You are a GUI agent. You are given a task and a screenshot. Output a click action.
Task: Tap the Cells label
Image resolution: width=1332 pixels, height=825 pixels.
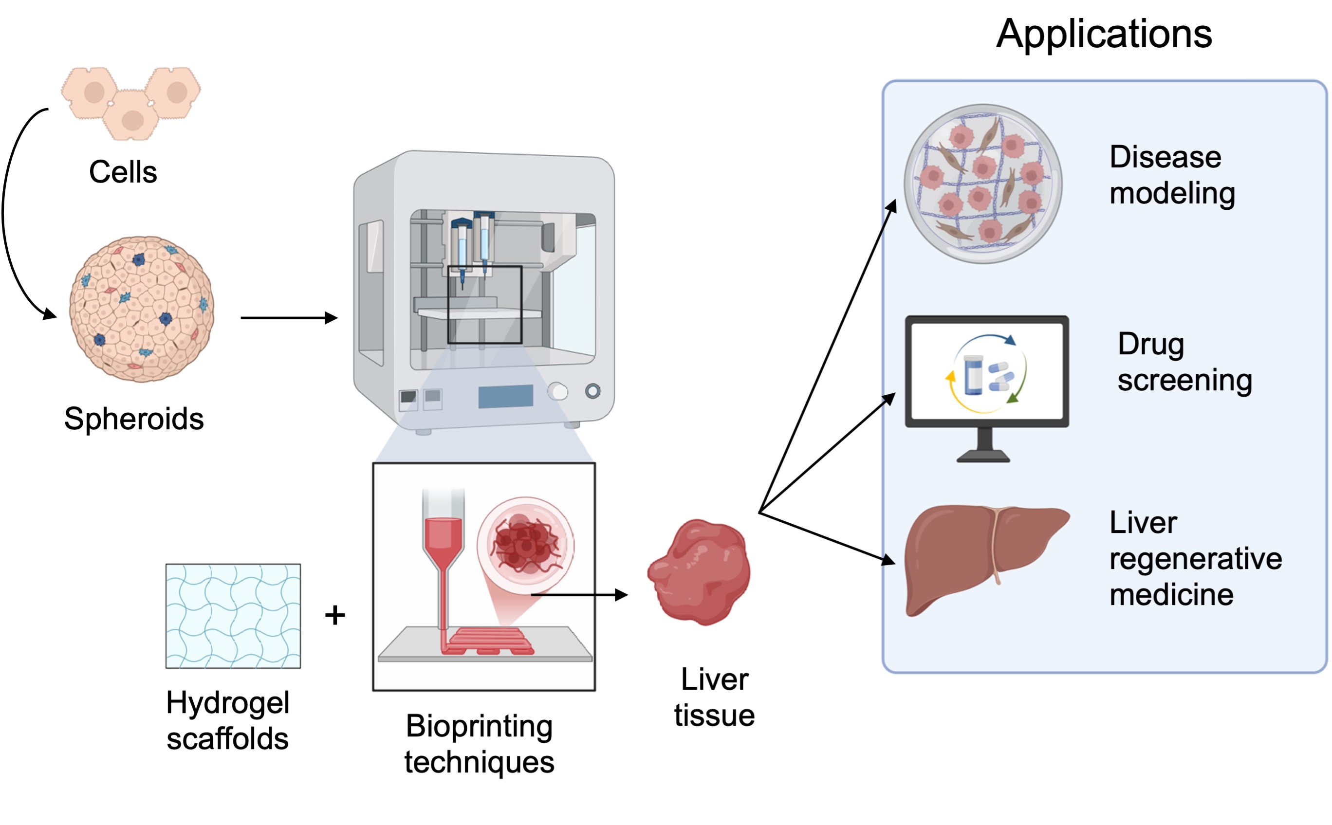(123, 172)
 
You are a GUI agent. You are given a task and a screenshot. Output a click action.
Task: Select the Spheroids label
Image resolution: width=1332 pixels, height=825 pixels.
(134, 419)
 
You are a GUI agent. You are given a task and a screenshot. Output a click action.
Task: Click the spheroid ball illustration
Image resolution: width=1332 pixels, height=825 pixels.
(141, 309)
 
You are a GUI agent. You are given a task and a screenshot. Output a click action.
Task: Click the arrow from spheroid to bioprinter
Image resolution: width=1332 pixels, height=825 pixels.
(289, 317)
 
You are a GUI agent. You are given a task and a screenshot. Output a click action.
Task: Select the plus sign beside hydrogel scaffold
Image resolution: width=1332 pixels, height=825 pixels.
(335, 615)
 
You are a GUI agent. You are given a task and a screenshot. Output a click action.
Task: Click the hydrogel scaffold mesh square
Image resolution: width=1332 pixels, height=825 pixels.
(233, 616)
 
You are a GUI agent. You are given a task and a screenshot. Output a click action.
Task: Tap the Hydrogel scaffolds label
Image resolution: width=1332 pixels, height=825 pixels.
(227, 720)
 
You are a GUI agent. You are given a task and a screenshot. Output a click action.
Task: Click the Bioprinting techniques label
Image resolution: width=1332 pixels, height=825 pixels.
(479, 744)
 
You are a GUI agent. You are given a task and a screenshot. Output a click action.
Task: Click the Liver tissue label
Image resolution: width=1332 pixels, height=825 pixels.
(714, 697)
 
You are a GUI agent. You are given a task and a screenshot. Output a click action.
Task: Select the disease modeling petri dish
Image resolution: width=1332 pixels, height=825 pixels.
(983, 184)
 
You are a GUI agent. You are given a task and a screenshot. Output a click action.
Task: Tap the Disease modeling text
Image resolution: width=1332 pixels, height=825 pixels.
(1172, 175)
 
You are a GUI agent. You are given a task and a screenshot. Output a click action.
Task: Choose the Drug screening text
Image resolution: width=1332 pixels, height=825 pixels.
(1184, 362)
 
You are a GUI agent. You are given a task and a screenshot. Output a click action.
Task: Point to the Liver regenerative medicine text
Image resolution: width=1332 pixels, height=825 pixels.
(1196, 558)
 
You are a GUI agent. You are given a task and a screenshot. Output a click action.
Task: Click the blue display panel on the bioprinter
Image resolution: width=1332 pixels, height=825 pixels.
(506, 396)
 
